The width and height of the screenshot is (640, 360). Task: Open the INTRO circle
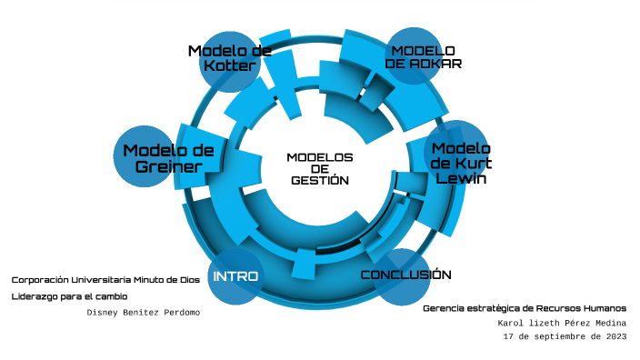(235, 275)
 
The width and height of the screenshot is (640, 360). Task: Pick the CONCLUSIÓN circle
(405, 275)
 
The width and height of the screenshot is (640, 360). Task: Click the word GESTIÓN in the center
(320, 180)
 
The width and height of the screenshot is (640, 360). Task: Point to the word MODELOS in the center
(320, 156)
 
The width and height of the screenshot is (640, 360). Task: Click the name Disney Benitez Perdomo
(143, 312)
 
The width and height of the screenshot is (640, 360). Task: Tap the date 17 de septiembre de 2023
(565, 335)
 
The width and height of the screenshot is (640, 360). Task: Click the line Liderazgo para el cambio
(70, 295)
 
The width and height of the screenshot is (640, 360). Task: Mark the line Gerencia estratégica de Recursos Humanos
(525, 307)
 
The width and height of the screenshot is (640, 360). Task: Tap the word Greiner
(168, 166)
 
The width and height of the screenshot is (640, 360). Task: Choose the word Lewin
(461, 179)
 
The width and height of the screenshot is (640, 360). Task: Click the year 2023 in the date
(614, 335)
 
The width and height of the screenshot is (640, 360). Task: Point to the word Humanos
(602, 307)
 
